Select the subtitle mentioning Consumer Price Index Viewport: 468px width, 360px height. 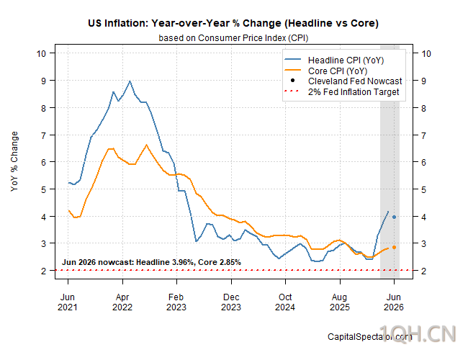(233, 38)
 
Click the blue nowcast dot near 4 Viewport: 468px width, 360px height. (394, 217)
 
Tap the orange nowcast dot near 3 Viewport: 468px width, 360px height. (394, 247)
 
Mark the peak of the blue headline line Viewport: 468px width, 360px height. (130, 81)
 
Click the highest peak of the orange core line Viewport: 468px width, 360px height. (146, 145)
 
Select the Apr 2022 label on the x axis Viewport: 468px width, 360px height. (122, 302)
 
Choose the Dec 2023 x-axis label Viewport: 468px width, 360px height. (231, 302)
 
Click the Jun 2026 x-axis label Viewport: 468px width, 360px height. (394, 302)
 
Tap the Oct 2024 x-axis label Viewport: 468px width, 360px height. (285, 302)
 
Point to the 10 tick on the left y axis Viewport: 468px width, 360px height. (41, 53)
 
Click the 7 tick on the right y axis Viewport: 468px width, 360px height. (423, 135)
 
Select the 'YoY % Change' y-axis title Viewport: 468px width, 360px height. (14, 161)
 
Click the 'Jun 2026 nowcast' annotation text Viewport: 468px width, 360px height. (151, 262)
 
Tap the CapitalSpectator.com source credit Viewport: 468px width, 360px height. (370, 337)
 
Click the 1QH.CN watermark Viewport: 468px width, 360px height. (418, 334)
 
